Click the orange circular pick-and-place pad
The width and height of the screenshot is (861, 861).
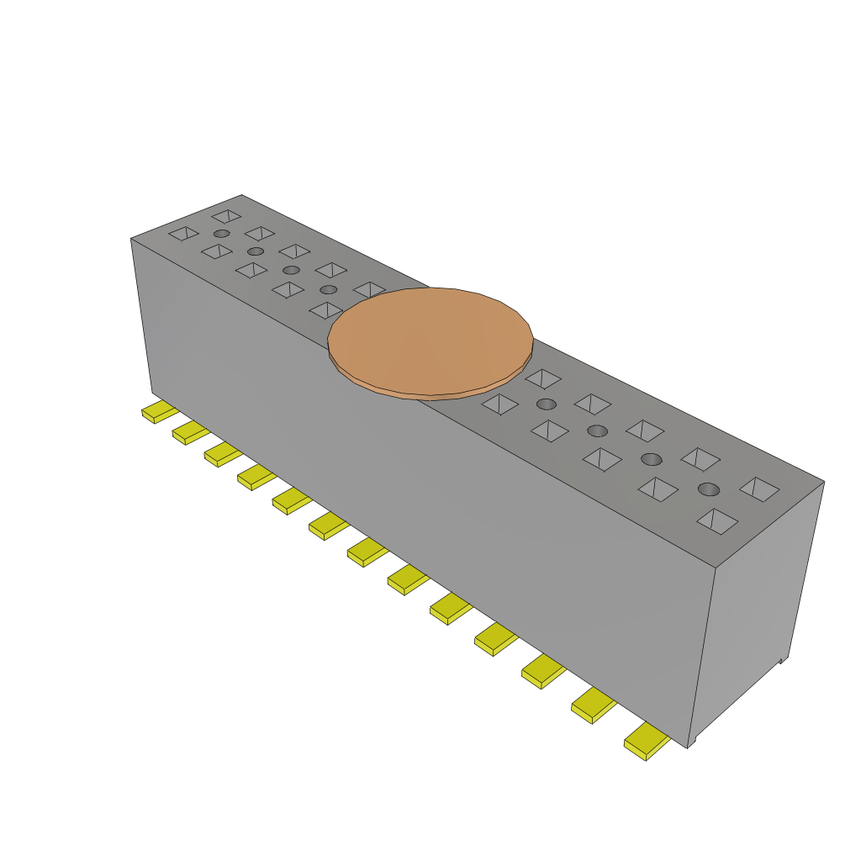[430, 338]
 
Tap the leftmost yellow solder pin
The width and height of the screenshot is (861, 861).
[157, 412]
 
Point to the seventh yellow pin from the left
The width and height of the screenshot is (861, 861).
[367, 552]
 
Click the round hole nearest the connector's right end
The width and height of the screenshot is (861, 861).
[709, 489]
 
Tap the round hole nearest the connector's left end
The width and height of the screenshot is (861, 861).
[221, 233]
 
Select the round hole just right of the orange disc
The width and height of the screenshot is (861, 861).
[547, 404]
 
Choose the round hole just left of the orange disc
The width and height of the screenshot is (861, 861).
[329, 289]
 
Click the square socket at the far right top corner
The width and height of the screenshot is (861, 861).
[759, 489]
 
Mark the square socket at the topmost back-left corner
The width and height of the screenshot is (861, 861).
[226, 216]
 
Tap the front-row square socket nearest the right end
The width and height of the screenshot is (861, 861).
[717, 521]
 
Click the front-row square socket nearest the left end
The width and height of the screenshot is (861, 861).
[183, 233]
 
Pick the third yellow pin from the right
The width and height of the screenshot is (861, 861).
[543, 671]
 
